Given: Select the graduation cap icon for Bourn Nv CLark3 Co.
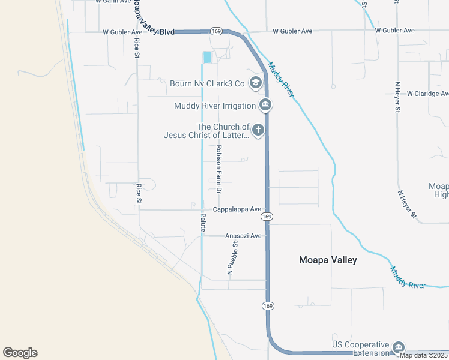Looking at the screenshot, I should click(x=256, y=83).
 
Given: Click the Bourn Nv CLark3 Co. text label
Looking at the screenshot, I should click(x=208, y=84).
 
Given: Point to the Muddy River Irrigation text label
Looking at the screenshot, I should click(x=215, y=106).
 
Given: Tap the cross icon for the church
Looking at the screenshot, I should click(x=258, y=130).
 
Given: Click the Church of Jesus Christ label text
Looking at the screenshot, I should click(x=206, y=131).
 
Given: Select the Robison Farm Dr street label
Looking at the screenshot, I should click(x=219, y=169).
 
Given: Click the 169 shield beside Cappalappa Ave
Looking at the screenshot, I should click(x=267, y=216).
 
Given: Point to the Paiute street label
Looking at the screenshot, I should click(x=203, y=222).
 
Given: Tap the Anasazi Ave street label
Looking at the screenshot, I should click(x=243, y=236).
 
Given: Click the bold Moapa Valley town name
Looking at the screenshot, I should click(x=328, y=260).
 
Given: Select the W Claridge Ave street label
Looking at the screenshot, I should click(x=427, y=94).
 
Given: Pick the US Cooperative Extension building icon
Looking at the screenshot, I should click(x=397, y=347).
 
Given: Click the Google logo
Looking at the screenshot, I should click(x=20, y=353).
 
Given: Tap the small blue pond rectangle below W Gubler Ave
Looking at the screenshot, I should click(x=207, y=57).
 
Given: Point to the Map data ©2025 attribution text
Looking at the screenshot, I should click(x=424, y=355).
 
